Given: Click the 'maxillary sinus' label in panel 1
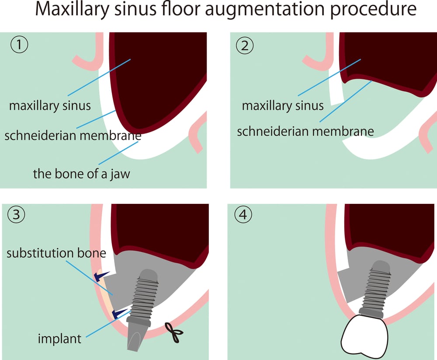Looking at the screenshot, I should tap(50, 105).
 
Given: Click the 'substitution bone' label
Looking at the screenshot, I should tap(56, 253).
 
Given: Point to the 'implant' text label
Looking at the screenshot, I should tap(59, 338).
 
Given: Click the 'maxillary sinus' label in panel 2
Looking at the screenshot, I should tap(282, 105).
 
